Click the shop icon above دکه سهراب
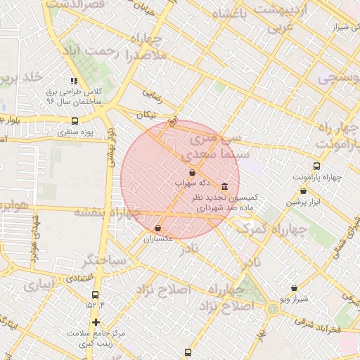192,172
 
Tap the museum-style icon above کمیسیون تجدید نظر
224,186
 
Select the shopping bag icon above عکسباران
157,229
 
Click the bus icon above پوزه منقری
75,120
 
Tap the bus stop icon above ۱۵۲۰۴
95,295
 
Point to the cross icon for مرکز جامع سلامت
96,322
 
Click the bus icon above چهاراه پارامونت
316,167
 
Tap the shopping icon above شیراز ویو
294,288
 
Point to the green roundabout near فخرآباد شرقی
273,308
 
